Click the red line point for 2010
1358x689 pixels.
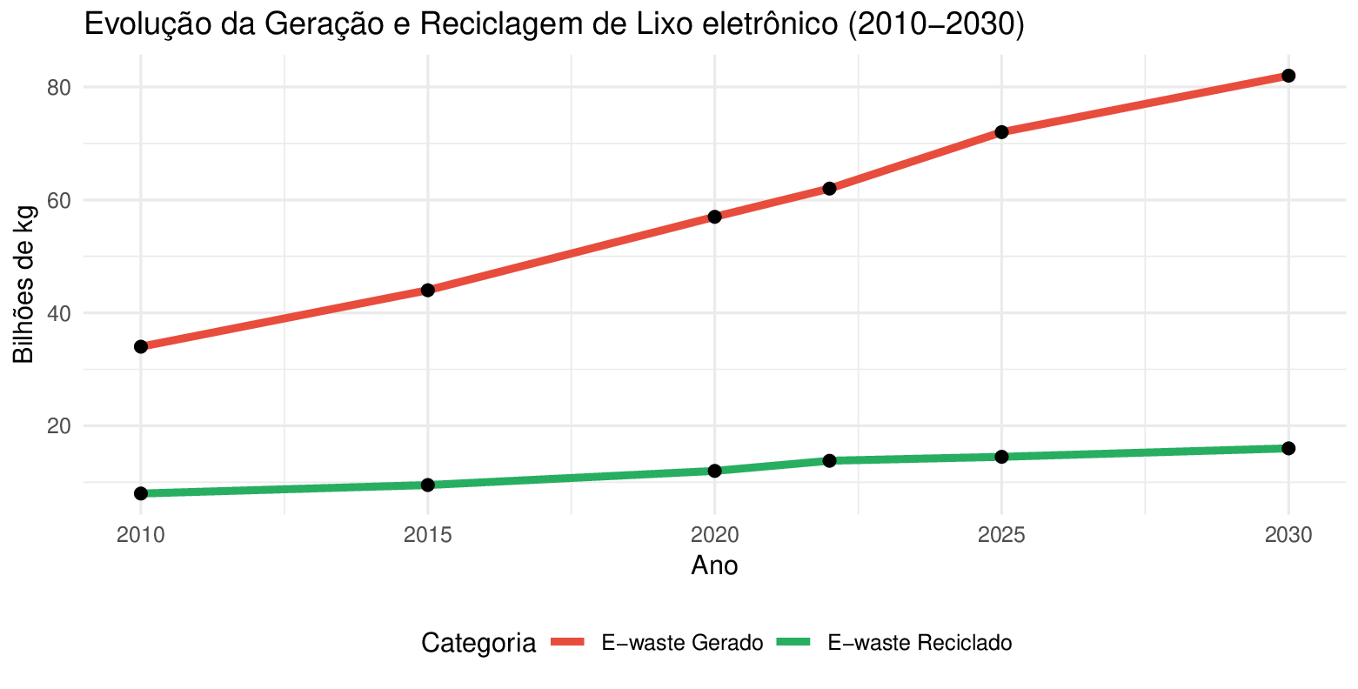(x=141, y=346)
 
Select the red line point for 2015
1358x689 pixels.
(x=427, y=290)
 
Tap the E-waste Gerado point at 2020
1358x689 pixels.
(x=714, y=216)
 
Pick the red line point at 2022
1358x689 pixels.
(x=829, y=188)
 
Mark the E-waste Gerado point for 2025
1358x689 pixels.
(x=1001, y=131)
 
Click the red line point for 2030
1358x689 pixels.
(x=1288, y=76)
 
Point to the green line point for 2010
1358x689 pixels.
(x=141, y=493)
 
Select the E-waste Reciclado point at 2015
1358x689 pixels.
(x=427, y=485)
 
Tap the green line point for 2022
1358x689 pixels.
(x=829, y=460)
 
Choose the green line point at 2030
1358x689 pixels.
(x=1288, y=448)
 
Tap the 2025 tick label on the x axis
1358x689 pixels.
(x=1001, y=535)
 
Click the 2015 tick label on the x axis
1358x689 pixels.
(x=427, y=535)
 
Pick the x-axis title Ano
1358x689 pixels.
(x=714, y=566)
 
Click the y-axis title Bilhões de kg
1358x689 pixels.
(x=24, y=284)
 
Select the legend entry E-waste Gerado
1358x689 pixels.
(x=682, y=643)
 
